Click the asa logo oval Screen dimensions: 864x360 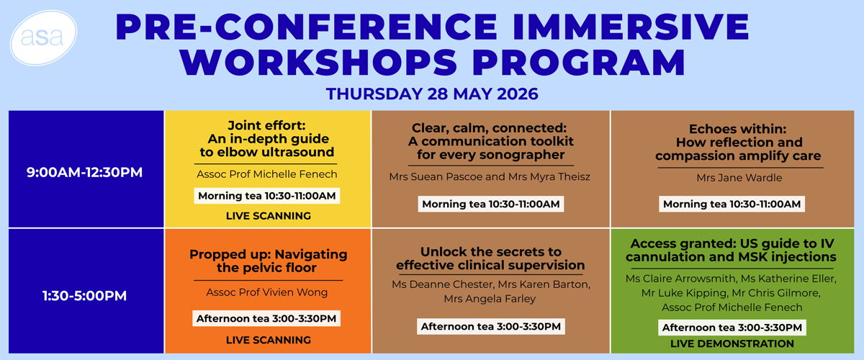tap(43, 37)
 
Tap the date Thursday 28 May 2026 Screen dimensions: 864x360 tap(432, 94)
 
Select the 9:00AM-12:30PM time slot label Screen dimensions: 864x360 tap(84, 172)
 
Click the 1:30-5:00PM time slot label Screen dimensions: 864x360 tap(84, 296)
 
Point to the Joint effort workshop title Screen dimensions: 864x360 tap(267, 139)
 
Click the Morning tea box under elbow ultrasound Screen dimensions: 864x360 tap(267, 196)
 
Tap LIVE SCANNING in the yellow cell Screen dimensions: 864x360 tap(269, 216)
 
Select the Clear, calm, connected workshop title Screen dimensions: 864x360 tap(490, 141)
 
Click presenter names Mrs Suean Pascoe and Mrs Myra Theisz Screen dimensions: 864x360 tap(490, 176)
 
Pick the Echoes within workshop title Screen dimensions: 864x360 tap(738, 143)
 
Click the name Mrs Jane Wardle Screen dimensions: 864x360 tap(739, 178)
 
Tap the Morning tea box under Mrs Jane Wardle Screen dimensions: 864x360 tap(732, 204)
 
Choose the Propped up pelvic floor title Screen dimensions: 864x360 tap(268, 261)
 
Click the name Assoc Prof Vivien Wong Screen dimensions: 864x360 tap(267, 292)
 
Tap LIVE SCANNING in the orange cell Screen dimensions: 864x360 tap(269, 340)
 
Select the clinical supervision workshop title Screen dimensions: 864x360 tap(490, 258)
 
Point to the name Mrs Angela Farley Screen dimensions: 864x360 tap(490, 299)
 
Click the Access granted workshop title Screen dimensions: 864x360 tap(731, 250)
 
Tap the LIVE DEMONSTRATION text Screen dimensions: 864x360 tap(732, 343)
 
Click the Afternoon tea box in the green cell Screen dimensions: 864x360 tap(732, 328)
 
